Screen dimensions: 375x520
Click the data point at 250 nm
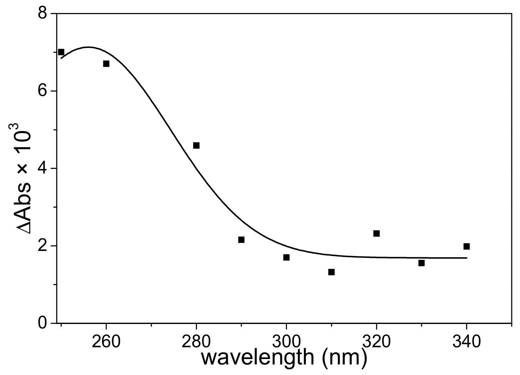pyautogui.click(x=61, y=52)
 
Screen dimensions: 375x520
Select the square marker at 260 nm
pyautogui.click(x=106, y=64)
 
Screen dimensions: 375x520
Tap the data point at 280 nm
pyautogui.click(x=196, y=145)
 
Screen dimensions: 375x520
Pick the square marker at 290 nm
pyautogui.click(x=241, y=239)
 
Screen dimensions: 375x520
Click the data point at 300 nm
pyautogui.click(x=286, y=257)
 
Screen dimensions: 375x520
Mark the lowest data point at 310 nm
pyautogui.click(x=331, y=272)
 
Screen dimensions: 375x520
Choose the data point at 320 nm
pyautogui.click(x=376, y=233)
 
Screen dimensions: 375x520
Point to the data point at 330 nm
pyautogui.click(x=422, y=263)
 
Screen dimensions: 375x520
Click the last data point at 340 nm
pyautogui.click(x=466, y=246)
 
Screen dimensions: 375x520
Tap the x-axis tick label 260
pyautogui.click(x=106, y=342)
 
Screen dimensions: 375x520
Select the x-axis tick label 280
pyautogui.click(x=196, y=342)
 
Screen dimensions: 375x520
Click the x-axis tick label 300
pyautogui.click(x=286, y=342)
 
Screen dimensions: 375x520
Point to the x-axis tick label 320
pyautogui.click(x=376, y=342)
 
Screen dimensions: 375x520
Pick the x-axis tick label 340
pyautogui.click(x=466, y=342)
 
